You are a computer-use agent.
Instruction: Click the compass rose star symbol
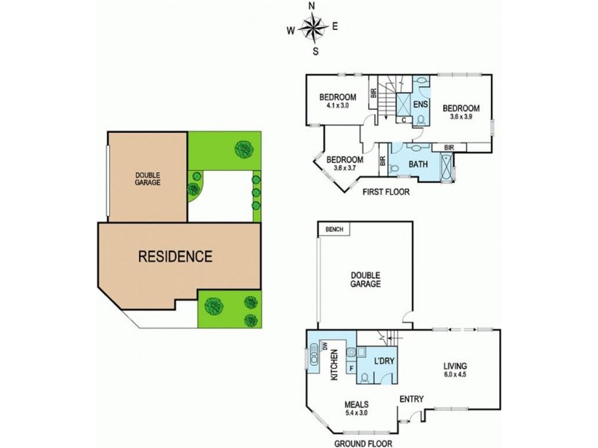(x=313, y=27)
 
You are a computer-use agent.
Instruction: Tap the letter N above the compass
(x=312, y=6)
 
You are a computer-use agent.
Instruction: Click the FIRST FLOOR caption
(x=386, y=192)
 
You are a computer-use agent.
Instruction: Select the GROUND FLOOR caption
(x=363, y=444)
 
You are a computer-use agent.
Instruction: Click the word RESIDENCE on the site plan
(x=175, y=256)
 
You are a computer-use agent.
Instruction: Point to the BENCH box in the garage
(x=334, y=229)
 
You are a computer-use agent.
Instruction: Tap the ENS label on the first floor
(x=420, y=104)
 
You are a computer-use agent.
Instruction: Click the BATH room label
(x=418, y=164)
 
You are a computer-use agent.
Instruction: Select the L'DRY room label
(x=383, y=361)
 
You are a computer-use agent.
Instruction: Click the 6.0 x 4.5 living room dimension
(x=455, y=374)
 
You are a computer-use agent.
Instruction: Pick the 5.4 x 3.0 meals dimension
(x=357, y=412)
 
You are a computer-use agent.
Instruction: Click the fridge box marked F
(x=351, y=368)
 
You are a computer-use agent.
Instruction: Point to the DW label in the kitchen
(x=325, y=346)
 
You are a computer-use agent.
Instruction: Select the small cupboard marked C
(x=404, y=120)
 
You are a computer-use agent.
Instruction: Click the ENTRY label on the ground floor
(x=412, y=399)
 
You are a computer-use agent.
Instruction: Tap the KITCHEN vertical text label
(x=334, y=364)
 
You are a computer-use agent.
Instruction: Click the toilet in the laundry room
(x=365, y=378)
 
